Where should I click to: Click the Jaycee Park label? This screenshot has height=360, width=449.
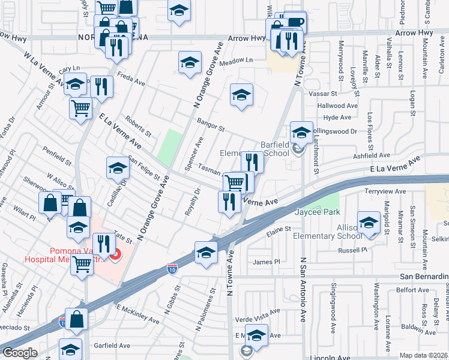(317, 212)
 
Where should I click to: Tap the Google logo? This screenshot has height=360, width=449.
(19, 353)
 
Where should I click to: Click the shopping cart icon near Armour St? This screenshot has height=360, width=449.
(81, 109)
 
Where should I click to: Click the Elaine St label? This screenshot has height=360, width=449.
(279, 229)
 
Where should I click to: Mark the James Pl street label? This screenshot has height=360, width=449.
(267, 262)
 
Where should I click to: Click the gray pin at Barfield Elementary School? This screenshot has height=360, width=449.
(299, 150)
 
